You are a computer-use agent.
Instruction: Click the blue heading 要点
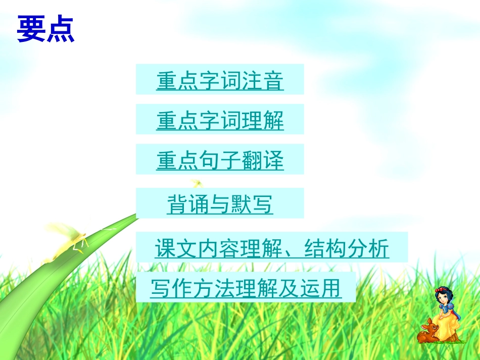(x=46, y=29)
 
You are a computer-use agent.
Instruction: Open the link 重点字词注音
(x=220, y=81)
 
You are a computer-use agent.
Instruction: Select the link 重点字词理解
(x=220, y=121)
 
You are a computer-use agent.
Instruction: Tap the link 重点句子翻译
(x=220, y=161)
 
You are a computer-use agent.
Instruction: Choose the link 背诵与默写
(x=220, y=205)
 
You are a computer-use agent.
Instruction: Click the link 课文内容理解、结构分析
(x=272, y=249)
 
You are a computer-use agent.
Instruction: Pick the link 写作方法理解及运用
(x=246, y=288)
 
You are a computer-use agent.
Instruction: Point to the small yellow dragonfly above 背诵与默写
(x=197, y=183)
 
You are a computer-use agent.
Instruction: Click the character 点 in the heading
(x=61, y=29)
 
